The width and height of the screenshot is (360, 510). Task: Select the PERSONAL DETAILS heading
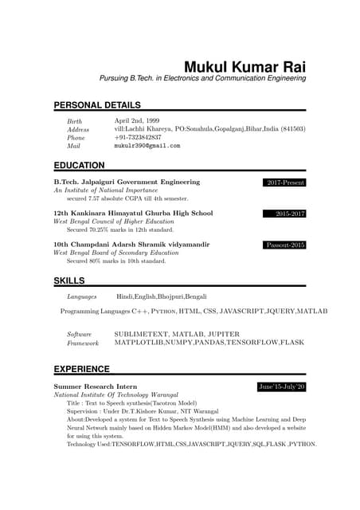coord(97,105)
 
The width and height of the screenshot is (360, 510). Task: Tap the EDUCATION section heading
coord(79,165)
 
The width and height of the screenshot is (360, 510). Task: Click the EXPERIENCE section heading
coord(81,369)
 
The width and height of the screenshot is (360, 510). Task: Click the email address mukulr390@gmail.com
coord(147,147)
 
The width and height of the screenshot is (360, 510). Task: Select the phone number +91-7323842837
coord(138,137)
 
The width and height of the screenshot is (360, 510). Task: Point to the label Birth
coord(75,120)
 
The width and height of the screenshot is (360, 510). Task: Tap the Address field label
coord(78,129)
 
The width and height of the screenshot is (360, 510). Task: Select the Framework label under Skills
coord(83,343)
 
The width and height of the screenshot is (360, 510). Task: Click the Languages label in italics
coord(82,296)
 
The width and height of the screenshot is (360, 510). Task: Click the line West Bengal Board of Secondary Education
coord(115,253)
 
